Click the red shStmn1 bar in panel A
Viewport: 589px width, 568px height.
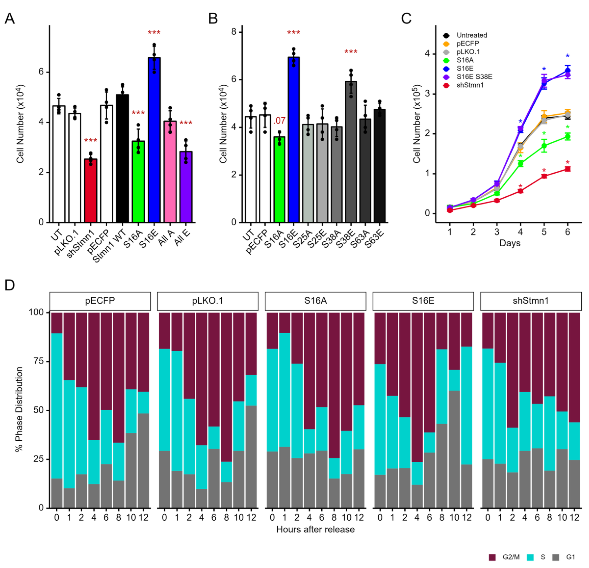click(x=90, y=191)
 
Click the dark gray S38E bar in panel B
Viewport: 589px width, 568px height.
click(x=351, y=152)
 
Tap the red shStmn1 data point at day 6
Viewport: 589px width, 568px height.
click(x=567, y=169)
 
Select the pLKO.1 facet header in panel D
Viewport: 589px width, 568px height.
click(x=208, y=301)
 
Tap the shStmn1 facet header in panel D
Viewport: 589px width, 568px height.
click(x=531, y=301)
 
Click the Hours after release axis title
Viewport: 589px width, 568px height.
click(x=315, y=529)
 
